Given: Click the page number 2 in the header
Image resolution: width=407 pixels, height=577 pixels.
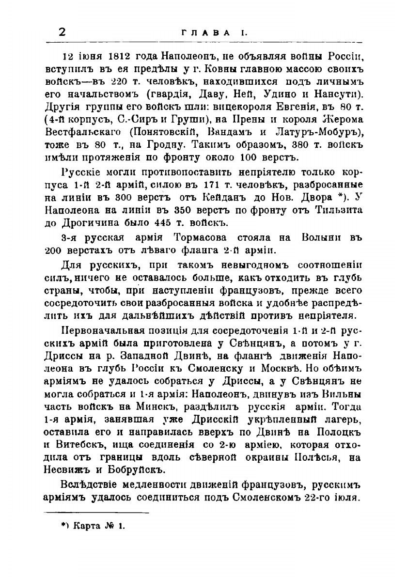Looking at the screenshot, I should tap(62, 32).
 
